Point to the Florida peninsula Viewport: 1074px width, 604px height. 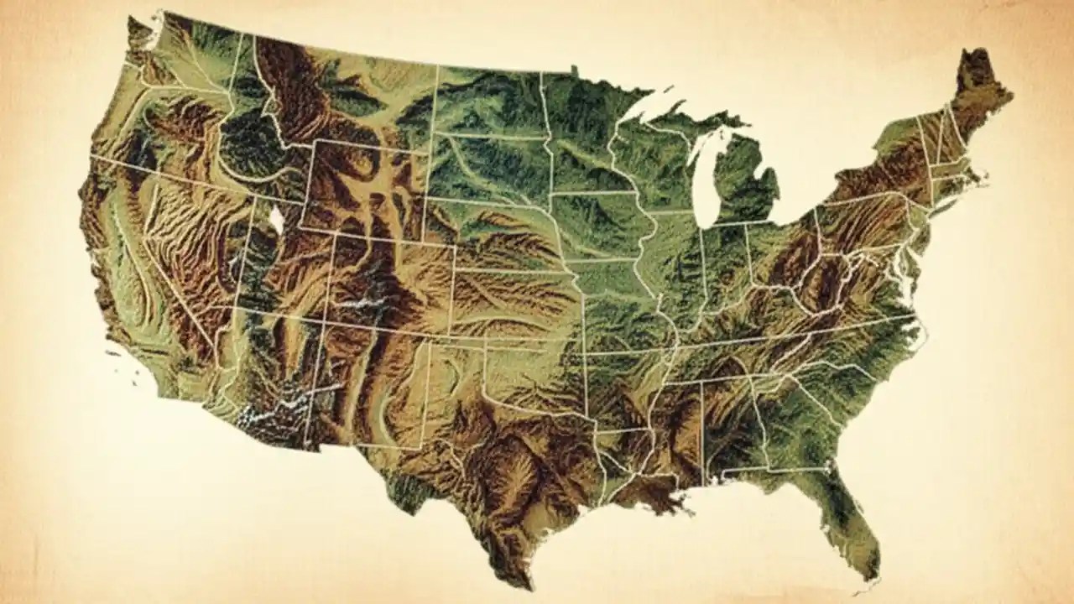tap(847, 520)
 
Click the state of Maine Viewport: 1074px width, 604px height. tap(978, 96)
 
